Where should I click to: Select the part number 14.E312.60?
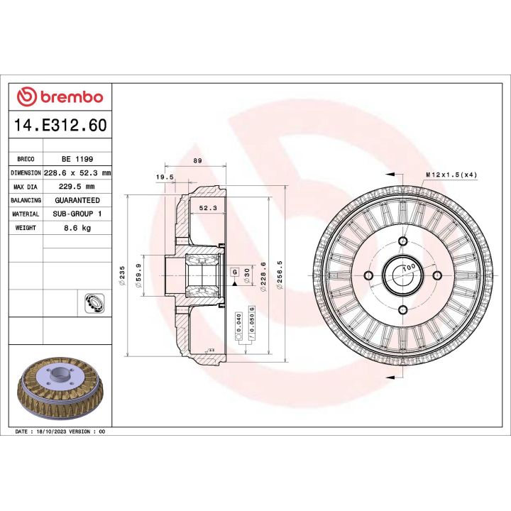point(60,126)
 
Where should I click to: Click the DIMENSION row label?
point(26,173)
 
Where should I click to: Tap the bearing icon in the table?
point(92,303)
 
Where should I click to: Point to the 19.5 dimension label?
point(165,177)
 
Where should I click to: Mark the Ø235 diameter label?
point(123,275)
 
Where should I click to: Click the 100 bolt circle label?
point(408,269)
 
